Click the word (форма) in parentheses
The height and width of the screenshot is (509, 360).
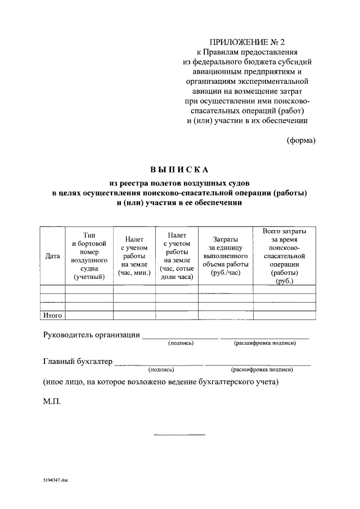[301, 140]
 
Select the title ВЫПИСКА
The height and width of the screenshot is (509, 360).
[179, 169]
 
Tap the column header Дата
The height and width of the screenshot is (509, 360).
[52, 255]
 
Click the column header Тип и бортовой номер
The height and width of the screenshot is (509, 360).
[89, 255]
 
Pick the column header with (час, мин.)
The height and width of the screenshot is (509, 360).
[134, 255]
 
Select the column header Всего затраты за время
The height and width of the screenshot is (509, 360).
[284, 255]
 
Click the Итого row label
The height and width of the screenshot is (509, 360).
[52, 316]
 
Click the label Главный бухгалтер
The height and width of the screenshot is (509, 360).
[78, 361]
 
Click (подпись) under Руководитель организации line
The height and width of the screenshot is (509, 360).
[181, 343]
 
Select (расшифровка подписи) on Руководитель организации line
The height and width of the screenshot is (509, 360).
[264, 343]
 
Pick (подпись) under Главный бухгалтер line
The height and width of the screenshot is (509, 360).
[161, 370]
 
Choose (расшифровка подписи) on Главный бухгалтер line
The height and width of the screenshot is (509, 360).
[262, 370]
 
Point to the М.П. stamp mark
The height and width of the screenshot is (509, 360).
[51, 403]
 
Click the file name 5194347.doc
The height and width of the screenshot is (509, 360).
[55, 481]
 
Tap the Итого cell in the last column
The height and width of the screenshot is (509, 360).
[284, 316]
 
